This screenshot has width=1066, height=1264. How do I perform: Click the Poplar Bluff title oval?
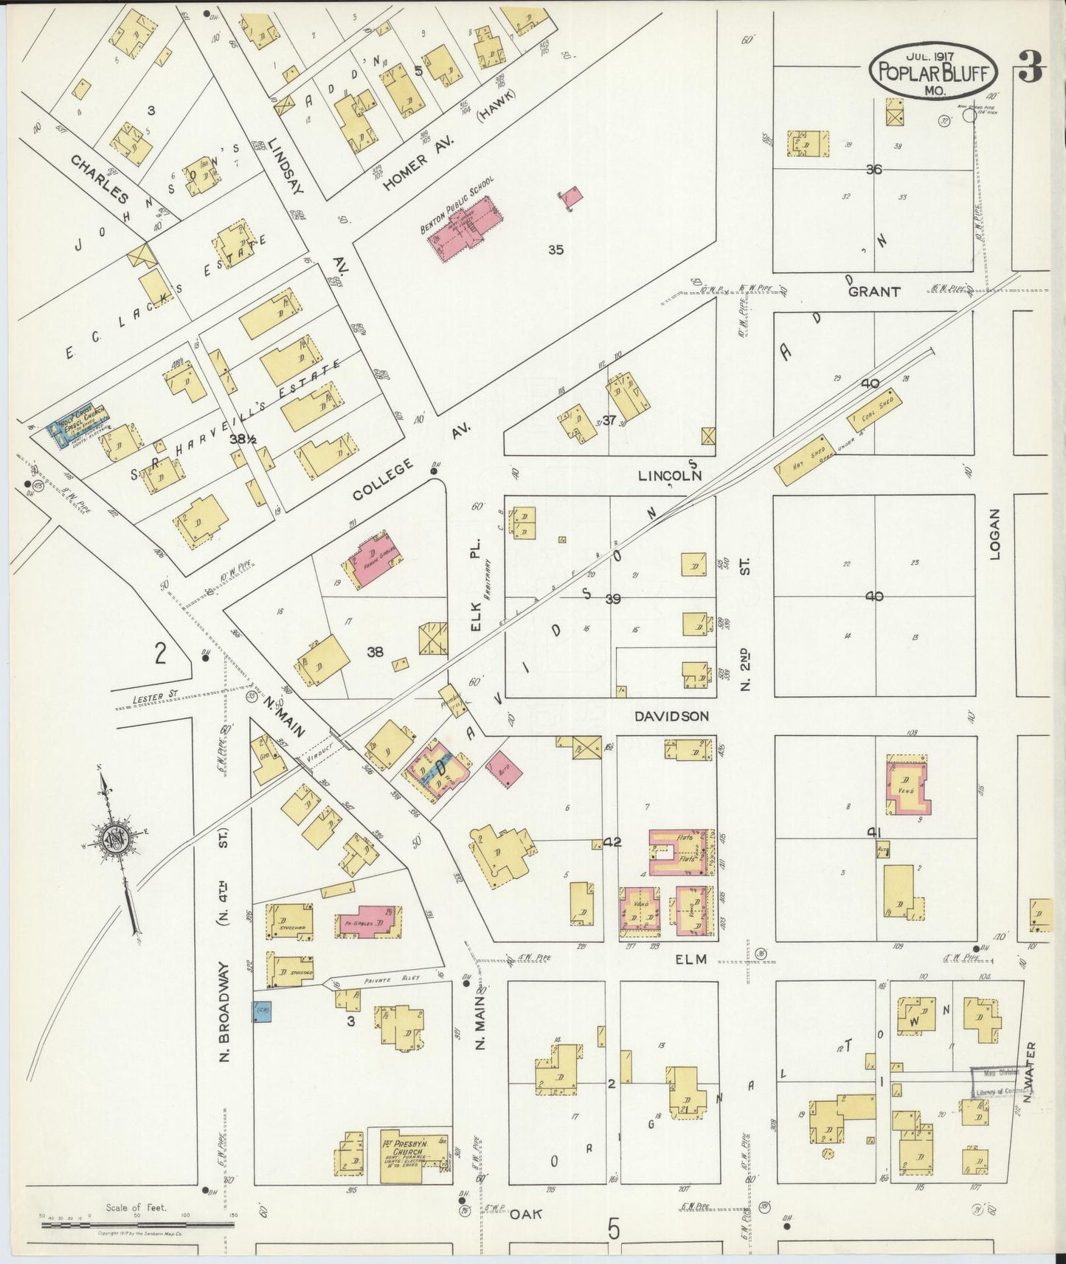click(934, 71)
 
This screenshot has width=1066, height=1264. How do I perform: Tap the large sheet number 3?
click(1031, 71)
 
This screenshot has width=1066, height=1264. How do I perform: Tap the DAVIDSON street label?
click(671, 715)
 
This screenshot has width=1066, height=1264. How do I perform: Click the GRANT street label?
click(874, 292)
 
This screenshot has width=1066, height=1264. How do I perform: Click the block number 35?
click(556, 249)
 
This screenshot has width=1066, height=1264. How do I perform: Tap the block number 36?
click(873, 169)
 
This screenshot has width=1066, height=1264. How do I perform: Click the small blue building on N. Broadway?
click(262, 1011)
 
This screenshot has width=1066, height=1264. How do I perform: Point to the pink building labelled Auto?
click(505, 770)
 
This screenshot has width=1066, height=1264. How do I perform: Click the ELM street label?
click(691, 959)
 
